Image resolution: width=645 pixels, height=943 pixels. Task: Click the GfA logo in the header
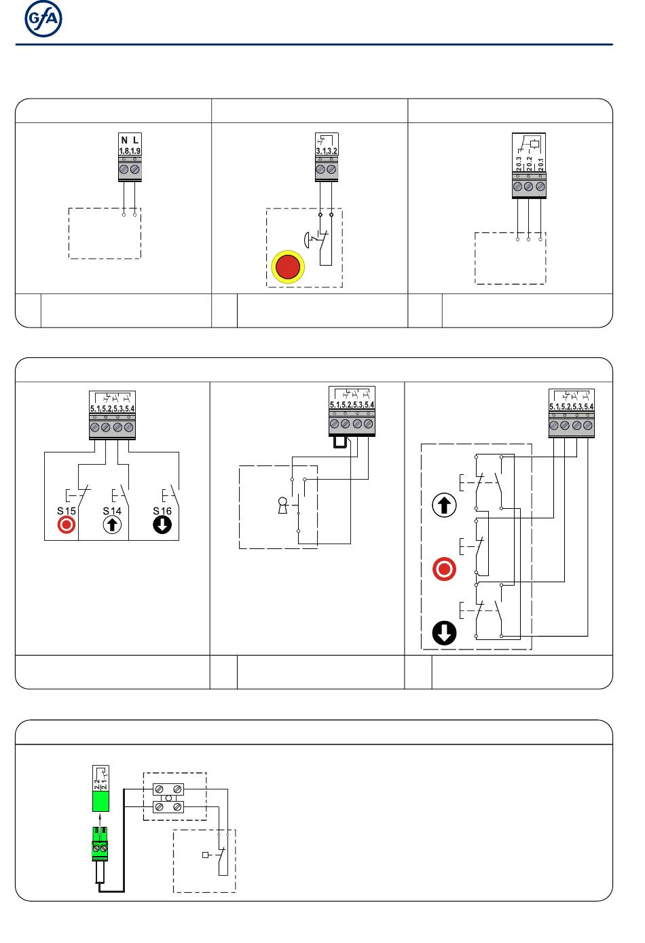click(43, 20)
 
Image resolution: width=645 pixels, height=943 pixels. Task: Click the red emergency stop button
click(288, 266)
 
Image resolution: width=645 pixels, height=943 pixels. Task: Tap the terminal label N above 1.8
click(124, 141)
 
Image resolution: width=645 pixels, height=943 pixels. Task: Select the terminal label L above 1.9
click(136, 141)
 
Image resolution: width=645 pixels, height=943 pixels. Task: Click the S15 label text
click(66, 511)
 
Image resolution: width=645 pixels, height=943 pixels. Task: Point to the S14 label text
click(112, 511)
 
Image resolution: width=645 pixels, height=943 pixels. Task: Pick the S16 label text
click(162, 511)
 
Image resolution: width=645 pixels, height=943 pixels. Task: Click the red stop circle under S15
click(66, 524)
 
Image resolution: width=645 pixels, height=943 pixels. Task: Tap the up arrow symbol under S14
click(112, 524)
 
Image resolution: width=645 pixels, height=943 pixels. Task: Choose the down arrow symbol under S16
click(162, 524)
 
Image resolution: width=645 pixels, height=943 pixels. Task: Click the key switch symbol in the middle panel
click(283, 505)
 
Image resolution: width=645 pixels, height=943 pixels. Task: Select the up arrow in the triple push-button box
click(444, 505)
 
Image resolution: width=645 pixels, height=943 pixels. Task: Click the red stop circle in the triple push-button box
click(444, 569)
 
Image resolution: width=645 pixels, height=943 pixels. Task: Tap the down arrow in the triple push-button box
click(444, 633)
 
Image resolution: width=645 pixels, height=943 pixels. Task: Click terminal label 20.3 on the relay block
click(518, 164)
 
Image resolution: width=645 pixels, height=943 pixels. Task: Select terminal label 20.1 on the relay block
click(540, 164)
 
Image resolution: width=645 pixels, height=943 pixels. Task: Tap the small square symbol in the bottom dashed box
click(206, 855)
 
